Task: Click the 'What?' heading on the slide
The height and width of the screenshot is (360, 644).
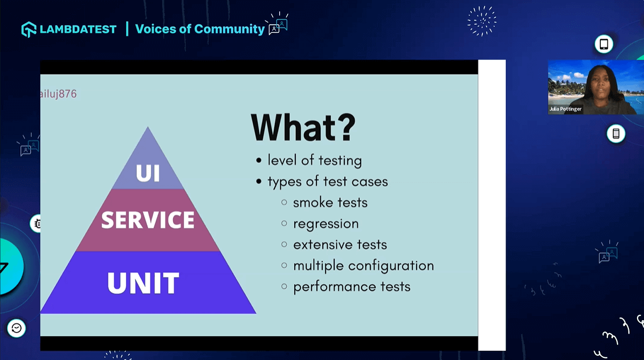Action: (303, 127)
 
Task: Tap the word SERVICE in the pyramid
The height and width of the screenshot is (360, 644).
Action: (148, 220)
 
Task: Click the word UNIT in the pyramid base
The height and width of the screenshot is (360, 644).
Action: (143, 283)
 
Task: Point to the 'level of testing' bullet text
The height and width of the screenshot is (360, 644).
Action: (314, 161)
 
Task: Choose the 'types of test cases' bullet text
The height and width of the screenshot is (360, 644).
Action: (327, 182)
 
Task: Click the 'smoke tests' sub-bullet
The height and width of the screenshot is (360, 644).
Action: (330, 203)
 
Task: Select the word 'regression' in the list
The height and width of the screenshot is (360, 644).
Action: (326, 224)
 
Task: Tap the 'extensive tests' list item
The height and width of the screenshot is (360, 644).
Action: (340, 245)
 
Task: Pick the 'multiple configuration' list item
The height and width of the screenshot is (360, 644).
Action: (363, 266)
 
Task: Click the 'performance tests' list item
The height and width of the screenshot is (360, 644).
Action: (351, 287)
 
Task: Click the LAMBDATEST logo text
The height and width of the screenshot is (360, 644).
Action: (78, 29)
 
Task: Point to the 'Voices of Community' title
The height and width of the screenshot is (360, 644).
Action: (199, 29)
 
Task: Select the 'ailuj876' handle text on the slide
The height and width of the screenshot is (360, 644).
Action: (59, 94)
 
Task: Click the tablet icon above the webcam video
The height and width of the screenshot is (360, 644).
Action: (604, 44)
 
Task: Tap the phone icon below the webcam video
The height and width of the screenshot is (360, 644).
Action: (615, 134)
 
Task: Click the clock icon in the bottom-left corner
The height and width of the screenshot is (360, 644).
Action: (16, 328)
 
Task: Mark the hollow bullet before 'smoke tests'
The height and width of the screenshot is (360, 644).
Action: (284, 203)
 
